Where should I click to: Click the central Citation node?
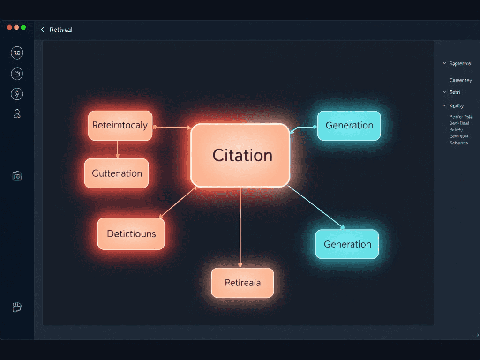point(240,155)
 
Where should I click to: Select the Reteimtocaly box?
point(120,125)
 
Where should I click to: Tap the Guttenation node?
point(117,173)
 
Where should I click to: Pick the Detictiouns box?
point(131,233)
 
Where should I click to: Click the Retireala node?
point(242,283)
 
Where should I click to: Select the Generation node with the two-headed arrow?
point(349,125)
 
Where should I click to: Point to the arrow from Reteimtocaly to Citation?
point(172,127)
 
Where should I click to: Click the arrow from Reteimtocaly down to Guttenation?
point(118,150)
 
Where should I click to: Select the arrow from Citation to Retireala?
point(240,227)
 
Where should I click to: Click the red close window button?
point(9,28)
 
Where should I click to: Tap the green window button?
point(23,28)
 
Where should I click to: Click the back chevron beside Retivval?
point(42,30)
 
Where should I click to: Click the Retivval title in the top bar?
point(61,30)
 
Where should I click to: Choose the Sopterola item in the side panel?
point(460,63)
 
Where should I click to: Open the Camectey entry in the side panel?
point(460,80)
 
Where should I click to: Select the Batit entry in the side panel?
point(455,92)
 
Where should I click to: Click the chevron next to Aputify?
point(444,106)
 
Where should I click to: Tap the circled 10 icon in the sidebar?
point(17,53)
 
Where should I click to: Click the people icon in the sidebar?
point(17,113)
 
